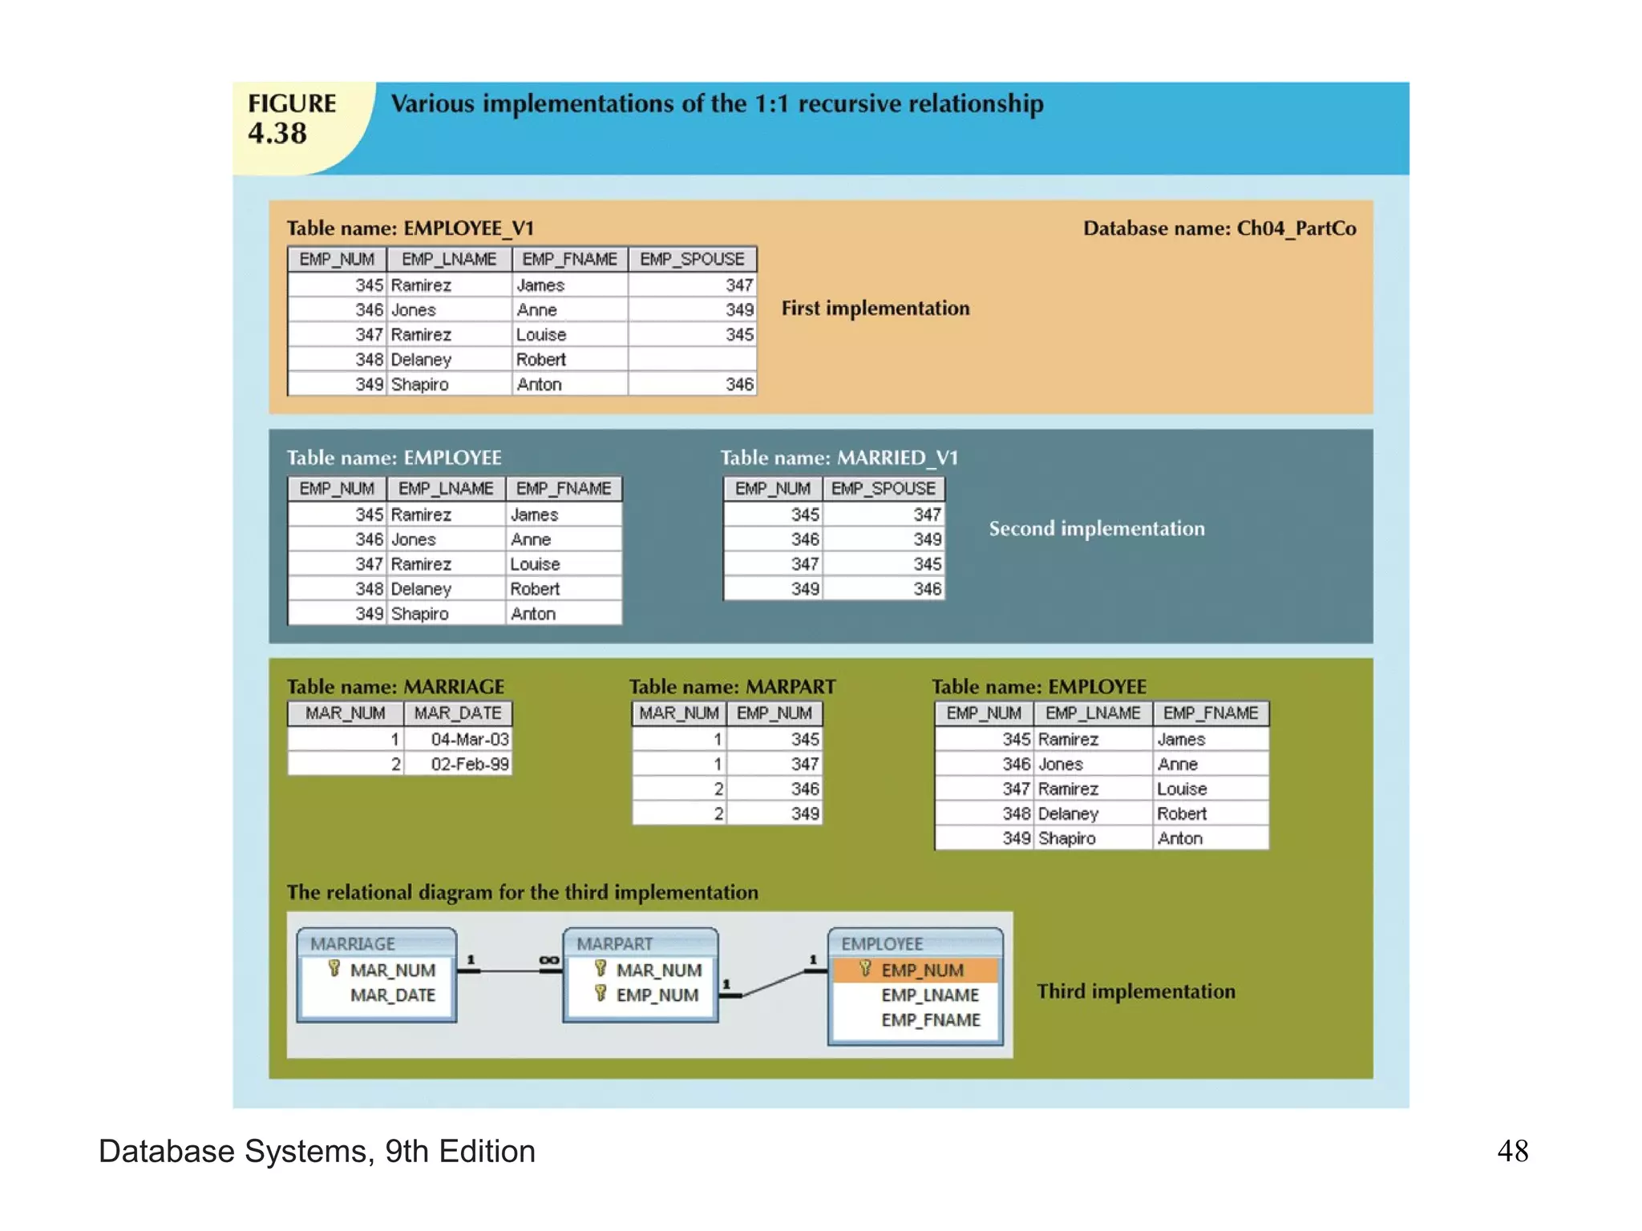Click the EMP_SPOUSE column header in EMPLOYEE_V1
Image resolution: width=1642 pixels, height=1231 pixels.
[692, 260]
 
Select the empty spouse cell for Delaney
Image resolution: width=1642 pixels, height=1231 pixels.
[692, 360]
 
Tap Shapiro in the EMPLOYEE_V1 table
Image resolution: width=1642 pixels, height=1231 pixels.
[420, 385]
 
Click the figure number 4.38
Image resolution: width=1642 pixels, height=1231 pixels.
[277, 133]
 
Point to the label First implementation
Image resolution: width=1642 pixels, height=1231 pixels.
[876, 309]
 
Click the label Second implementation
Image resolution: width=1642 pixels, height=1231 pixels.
[1096, 529]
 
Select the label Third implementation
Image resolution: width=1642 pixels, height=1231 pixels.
[1135, 991]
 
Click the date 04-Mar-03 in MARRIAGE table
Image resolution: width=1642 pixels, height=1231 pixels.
[469, 740]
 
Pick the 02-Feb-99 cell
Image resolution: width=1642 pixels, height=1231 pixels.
[469, 765]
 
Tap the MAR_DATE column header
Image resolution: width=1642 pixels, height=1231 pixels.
[458, 713]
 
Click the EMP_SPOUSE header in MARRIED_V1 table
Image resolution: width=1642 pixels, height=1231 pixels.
[883, 489]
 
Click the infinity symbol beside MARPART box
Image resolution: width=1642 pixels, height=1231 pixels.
[549, 960]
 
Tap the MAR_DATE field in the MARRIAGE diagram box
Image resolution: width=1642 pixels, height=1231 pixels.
[393, 995]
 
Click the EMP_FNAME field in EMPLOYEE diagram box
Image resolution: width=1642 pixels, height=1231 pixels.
[930, 1020]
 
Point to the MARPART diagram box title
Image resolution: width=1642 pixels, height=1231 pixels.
[615, 944]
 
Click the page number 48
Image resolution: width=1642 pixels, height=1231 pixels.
[1512, 1152]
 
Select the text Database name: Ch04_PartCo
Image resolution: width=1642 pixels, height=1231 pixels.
[1219, 228]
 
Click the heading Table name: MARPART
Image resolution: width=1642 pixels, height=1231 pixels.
[732, 687]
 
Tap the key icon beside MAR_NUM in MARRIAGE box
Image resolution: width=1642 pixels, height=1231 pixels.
[334, 969]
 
